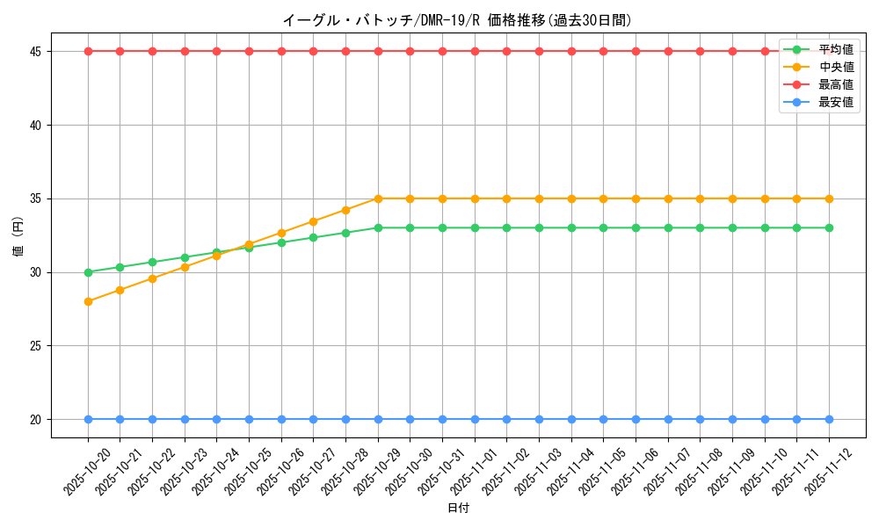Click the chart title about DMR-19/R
pyautogui.click(x=457, y=20)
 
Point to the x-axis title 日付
pyautogui.click(x=458, y=509)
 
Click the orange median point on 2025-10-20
pyautogui.click(x=88, y=301)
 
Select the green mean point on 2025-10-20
pyautogui.click(x=88, y=272)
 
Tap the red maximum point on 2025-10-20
pyautogui.click(x=88, y=51)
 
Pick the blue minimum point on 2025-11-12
pyautogui.click(x=829, y=419)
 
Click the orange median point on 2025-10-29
pyautogui.click(x=378, y=199)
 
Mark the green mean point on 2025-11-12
pyautogui.click(x=829, y=227)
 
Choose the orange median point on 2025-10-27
pyautogui.click(x=313, y=221)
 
